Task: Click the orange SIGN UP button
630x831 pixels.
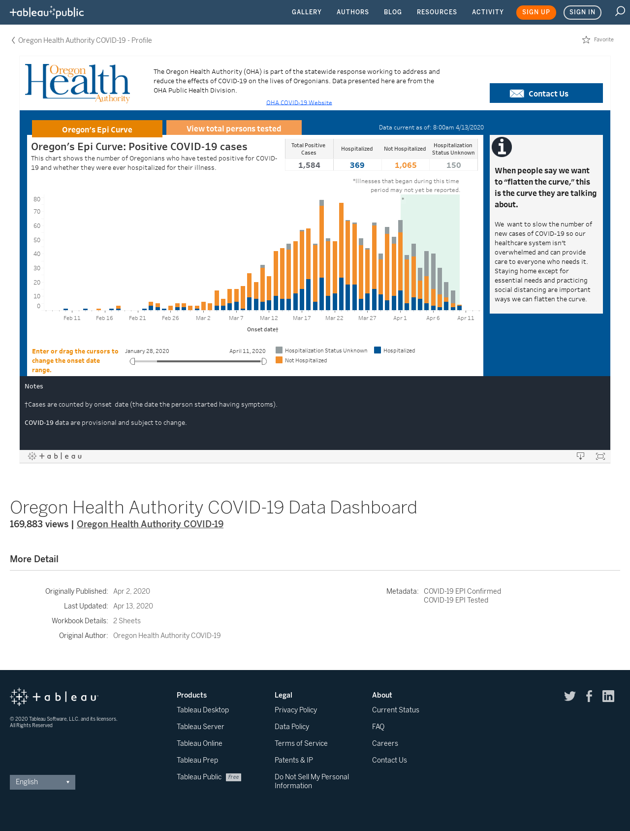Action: tap(536, 12)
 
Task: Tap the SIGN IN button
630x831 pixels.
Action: tap(582, 12)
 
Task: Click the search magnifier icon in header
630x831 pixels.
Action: tap(620, 11)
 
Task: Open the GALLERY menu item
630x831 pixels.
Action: tap(307, 12)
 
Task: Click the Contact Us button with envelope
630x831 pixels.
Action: tap(546, 93)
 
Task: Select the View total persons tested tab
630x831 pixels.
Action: tap(234, 128)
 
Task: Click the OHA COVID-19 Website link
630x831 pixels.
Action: tap(299, 102)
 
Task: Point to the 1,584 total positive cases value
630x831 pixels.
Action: tap(309, 165)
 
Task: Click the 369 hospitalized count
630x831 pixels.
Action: tap(357, 165)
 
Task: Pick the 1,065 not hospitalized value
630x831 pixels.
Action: tap(406, 165)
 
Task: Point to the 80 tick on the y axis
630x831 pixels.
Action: tap(37, 199)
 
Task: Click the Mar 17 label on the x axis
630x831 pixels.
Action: tap(302, 318)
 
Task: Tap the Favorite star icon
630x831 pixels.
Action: tap(586, 40)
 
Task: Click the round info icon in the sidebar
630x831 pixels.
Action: tap(502, 147)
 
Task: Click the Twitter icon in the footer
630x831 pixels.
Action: tap(570, 696)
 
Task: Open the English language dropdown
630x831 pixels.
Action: tap(42, 782)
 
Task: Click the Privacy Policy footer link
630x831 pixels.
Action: tap(296, 710)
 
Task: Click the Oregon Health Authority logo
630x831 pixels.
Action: tap(77, 83)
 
